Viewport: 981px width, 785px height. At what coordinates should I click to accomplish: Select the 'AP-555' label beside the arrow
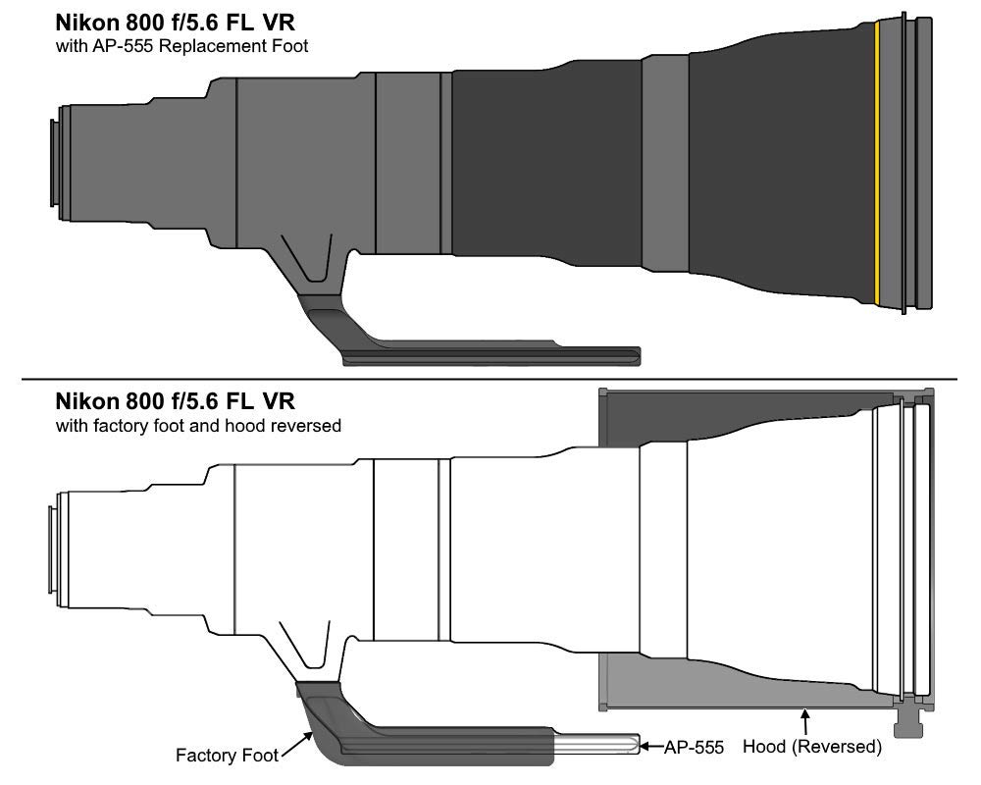[694, 748]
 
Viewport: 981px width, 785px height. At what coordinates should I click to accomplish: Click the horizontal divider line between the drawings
[490, 380]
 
